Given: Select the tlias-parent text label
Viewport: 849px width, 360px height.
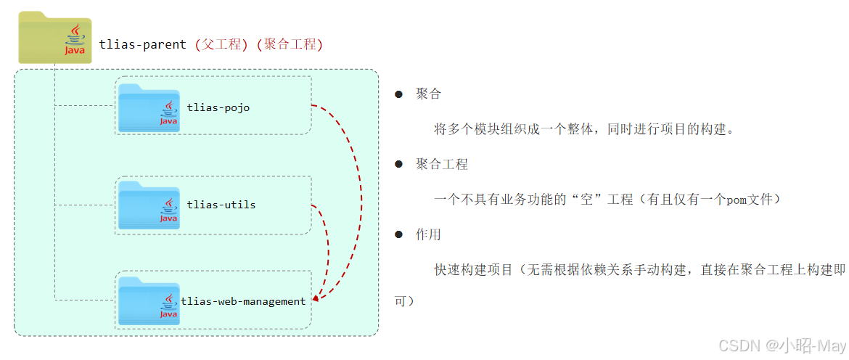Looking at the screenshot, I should [144, 44].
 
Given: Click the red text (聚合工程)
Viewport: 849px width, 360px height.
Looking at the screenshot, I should [290, 44].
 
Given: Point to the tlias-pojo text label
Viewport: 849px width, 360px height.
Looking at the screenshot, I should [218, 107].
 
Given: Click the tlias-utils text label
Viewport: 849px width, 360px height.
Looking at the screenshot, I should [221, 205].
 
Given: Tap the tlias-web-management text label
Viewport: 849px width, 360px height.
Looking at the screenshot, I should [243, 301].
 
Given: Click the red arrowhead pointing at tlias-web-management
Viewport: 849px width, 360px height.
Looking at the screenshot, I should [315, 298].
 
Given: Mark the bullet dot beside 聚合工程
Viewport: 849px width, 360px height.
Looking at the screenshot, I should [398, 164].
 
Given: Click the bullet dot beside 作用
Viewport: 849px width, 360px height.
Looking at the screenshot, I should [398, 234].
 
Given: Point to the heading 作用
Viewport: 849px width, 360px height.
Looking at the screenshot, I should [428, 234].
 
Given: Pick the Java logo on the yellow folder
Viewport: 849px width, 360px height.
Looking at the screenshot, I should [75, 40].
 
